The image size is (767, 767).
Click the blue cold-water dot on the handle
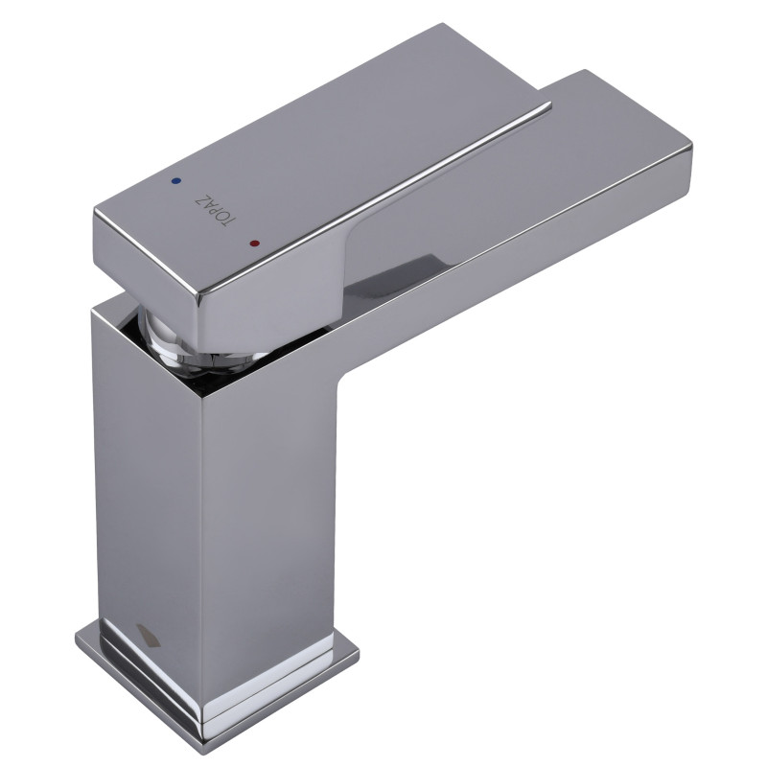pos(176,181)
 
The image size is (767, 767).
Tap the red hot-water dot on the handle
pos(254,244)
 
